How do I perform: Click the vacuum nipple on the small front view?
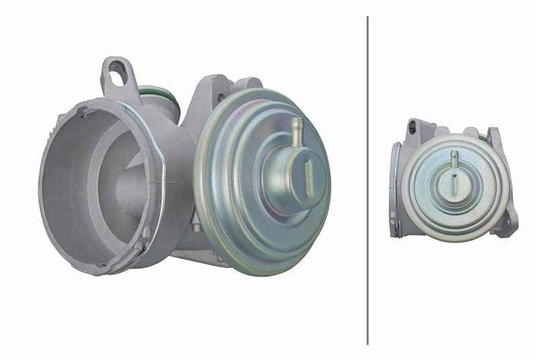pyautogui.click(x=454, y=158)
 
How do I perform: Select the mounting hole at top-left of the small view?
pyautogui.click(x=412, y=126)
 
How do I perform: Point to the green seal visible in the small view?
pyautogui.click(x=481, y=137)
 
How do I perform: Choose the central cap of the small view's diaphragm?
pyautogui.click(x=454, y=185)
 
